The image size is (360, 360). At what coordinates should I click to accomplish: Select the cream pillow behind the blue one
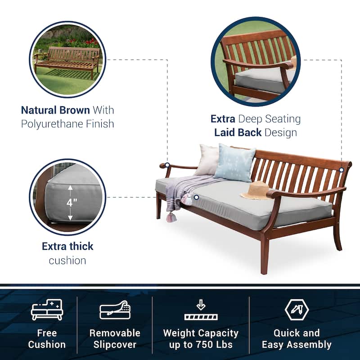207,160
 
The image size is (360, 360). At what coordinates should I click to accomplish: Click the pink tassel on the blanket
171,217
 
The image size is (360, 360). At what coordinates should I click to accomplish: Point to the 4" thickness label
70,202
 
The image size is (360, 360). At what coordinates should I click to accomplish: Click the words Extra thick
67,246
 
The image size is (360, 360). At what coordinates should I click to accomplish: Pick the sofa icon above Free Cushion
47,310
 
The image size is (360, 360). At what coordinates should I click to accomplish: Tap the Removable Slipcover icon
115,310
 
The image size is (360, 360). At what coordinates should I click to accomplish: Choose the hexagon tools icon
297,309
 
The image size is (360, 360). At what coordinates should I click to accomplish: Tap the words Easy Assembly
297,345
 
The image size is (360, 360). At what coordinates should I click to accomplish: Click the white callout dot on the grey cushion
196,197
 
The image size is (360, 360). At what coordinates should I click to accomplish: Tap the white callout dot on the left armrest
167,165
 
